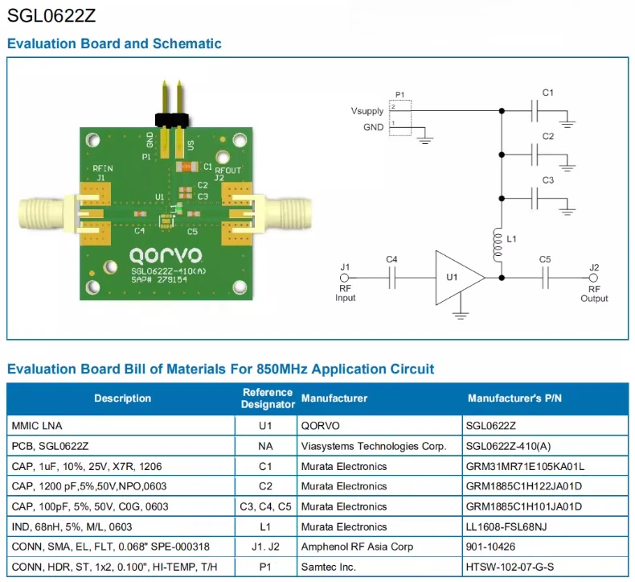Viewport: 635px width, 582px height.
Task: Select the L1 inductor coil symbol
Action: click(498, 245)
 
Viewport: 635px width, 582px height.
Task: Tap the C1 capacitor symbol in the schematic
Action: click(535, 111)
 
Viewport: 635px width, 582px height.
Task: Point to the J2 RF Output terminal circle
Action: click(593, 278)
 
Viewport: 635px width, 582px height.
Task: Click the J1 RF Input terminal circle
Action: click(344, 278)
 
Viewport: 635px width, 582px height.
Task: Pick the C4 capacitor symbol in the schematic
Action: click(391, 278)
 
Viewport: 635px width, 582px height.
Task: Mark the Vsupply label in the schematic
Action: click(367, 111)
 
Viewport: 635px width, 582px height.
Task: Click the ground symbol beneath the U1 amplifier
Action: click(460, 315)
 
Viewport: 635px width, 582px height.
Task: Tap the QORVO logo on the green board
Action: click(166, 255)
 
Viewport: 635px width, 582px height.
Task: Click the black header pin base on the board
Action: click(172, 121)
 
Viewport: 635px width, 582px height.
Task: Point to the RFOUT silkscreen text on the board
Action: click(228, 171)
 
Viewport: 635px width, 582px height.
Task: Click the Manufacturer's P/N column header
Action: click(514, 398)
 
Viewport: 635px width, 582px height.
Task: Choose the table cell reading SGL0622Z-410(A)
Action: click(508, 446)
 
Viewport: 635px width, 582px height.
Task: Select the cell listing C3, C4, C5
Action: click(266, 506)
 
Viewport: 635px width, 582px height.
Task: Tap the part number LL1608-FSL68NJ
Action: click(506, 526)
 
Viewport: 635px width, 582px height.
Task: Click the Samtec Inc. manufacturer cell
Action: click(329, 567)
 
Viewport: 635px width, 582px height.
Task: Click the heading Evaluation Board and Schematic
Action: click(114, 43)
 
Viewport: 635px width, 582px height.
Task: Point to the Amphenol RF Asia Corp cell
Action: click(357, 547)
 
